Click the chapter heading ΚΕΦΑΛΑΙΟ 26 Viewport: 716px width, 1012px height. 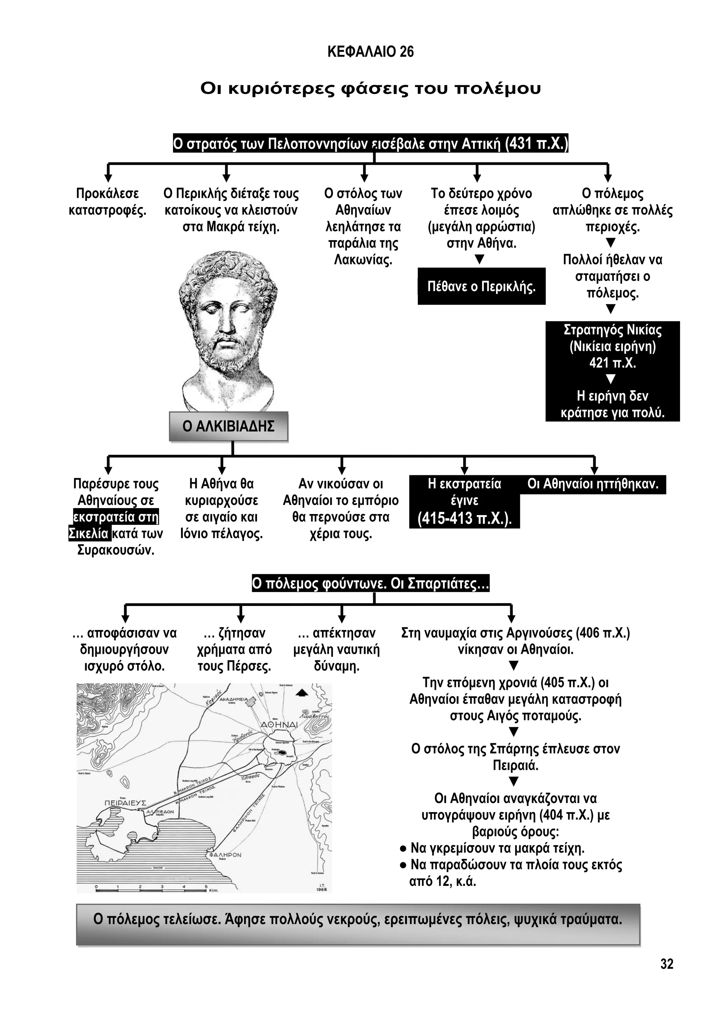click(x=370, y=52)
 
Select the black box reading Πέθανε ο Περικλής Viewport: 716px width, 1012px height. click(x=481, y=287)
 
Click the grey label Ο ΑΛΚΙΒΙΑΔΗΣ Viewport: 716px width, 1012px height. click(x=228, y=426)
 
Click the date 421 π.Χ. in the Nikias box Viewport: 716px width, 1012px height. click(x=613, y=363)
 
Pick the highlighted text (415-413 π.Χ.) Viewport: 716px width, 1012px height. click(x=464, y=518)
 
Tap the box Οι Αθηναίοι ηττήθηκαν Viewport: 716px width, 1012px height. click(x=593, y=484)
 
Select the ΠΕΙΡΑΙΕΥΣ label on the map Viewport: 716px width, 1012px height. click(x=125, y=803)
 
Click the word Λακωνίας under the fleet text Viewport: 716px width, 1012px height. click(x=363, y=260)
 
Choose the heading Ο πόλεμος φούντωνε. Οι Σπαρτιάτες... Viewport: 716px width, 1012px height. click(x=370, y=584)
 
